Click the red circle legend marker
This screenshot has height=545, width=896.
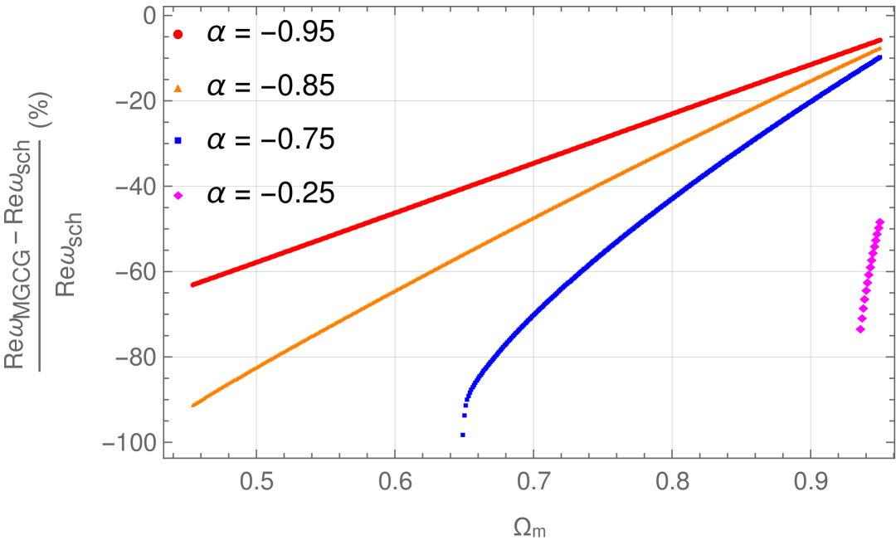click(178, 35)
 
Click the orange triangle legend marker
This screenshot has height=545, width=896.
click(178, 88)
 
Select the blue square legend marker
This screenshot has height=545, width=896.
click(178, 141)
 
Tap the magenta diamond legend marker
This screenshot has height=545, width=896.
click(178, 196)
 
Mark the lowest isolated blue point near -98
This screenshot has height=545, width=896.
click(463, 435)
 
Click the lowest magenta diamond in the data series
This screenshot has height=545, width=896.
click(860, 329)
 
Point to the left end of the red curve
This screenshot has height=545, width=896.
click(192, 285)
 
